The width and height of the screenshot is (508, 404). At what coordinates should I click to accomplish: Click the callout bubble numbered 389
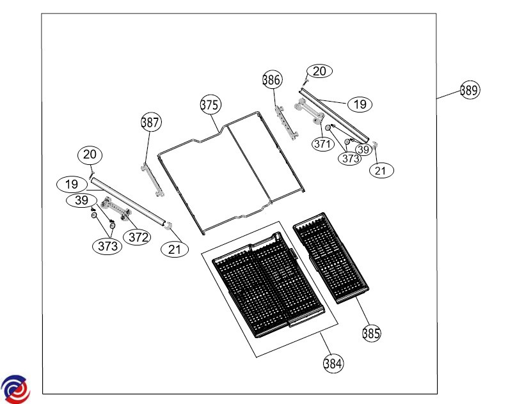(469, 90)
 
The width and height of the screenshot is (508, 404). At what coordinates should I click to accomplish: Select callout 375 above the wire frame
(210, 105)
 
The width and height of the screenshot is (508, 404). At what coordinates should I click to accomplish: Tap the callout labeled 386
(272, 80)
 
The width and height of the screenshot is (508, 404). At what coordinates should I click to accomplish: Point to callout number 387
(151, 122)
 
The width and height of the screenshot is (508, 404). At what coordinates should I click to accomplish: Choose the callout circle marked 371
(322, 144)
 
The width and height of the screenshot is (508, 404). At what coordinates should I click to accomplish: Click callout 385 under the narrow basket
(371, 332)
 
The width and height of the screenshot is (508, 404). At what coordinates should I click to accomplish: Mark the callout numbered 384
(333, 363)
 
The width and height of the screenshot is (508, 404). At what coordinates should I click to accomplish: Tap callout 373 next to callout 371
(350, 158)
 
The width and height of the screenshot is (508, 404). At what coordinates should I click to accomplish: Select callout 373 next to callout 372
(107, 245)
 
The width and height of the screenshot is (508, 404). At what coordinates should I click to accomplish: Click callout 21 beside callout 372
(175, 249)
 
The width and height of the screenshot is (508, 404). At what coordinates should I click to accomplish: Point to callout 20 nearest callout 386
(319, 71)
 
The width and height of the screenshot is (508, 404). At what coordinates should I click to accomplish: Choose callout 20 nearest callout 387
(90, 154)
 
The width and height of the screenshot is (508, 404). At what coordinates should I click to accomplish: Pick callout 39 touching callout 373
(363, 149)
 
